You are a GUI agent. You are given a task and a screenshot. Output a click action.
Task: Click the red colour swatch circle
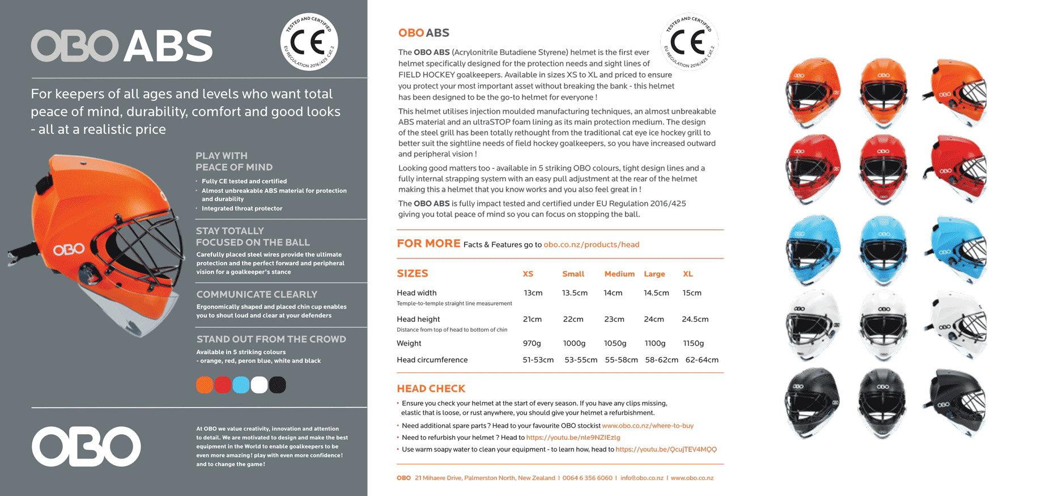click(223, 385)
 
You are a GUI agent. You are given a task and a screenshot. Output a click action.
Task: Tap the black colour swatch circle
click(277, 385)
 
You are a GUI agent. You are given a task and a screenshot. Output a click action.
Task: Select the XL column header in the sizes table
click(688, 274)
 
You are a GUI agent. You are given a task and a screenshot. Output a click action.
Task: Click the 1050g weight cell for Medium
click(615, 344)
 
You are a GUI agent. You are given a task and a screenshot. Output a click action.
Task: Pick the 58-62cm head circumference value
click(661, 360)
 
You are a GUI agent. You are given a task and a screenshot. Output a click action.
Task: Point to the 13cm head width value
click(533, 293)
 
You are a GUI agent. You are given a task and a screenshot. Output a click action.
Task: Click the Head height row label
click(418, 320)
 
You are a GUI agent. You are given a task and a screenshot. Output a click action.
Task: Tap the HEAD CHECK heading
click(431, 389)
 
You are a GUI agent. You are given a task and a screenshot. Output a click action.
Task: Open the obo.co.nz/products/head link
click(591, 245)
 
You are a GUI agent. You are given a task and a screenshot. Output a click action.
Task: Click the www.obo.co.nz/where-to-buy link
click(647, 426)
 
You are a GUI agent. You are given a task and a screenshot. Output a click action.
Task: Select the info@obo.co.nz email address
click(641, 478)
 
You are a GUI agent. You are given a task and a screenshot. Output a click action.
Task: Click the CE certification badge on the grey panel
click(309, 42)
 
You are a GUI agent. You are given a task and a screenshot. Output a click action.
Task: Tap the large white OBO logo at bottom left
click(86, 446)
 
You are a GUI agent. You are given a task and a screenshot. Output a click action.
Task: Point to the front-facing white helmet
click(883, 326)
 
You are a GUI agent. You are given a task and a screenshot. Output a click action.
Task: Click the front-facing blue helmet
click(883, 249)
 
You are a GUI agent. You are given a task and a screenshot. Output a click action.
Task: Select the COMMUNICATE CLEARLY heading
click(257, 295)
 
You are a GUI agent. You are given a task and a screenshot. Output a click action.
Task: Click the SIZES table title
click(412, 274)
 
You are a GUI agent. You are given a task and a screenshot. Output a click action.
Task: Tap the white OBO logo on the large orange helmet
click(69, 249)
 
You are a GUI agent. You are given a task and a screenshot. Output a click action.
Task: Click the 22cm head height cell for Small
click(573, 320)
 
